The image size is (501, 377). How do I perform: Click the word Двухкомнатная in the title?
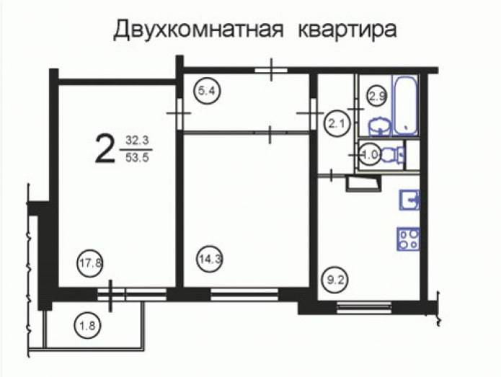198,30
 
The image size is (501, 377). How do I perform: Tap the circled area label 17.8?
90,264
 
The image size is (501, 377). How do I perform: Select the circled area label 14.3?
209,259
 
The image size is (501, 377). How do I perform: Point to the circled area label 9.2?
335,280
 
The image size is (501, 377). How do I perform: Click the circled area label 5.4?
208,92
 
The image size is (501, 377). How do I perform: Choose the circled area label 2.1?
337,123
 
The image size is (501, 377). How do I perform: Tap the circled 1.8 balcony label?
87,326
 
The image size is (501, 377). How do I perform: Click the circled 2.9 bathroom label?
377,96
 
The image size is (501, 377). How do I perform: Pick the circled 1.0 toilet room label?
370,156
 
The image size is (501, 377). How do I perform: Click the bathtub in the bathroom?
405,105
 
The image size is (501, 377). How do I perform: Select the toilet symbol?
392,156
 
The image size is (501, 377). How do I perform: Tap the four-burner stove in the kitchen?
408,239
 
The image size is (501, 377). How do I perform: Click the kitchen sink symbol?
409,200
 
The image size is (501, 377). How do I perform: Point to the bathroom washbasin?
380,126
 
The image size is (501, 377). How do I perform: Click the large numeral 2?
105,149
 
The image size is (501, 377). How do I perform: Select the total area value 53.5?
138,158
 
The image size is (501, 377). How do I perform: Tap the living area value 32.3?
137,141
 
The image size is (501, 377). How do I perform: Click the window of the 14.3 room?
244,294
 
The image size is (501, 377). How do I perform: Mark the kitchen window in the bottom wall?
364,307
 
